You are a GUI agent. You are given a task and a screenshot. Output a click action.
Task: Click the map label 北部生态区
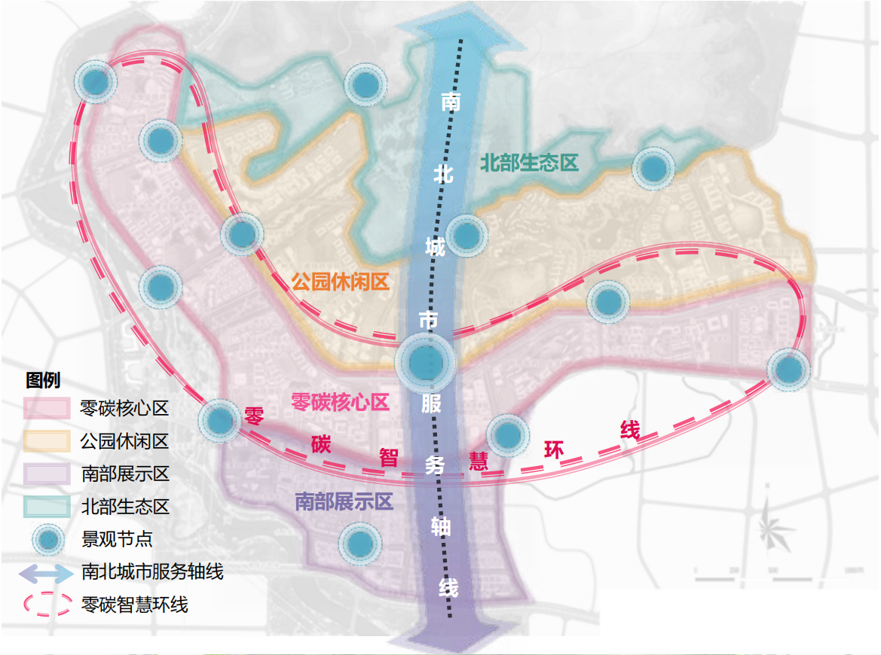click(x=529, y=162)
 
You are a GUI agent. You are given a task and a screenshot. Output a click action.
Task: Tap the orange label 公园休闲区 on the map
click(x=340, y=283)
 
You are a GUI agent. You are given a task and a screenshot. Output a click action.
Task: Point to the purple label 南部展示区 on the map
click(x=344, y=501)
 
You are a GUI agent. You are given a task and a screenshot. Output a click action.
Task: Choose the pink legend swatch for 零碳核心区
click(x=47, y=409)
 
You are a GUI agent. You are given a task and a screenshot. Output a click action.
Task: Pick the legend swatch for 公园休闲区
click(x=47, y=441)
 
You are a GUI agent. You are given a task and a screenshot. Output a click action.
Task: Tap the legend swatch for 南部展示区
click(x=47, y=474)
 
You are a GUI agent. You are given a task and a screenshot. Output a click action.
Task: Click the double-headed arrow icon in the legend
click(x=47, y=572)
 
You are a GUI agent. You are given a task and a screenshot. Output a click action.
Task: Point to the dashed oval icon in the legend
click(x=47, y=605)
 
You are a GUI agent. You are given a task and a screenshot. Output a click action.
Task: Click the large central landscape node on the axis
click(x=426, y=362)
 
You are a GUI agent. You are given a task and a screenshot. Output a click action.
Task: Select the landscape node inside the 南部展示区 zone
click(x=359, y=542)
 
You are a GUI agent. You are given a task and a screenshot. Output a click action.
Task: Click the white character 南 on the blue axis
click(x=451, y=103)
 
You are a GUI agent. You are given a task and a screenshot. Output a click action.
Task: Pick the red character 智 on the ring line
click(x=388, y=457)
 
